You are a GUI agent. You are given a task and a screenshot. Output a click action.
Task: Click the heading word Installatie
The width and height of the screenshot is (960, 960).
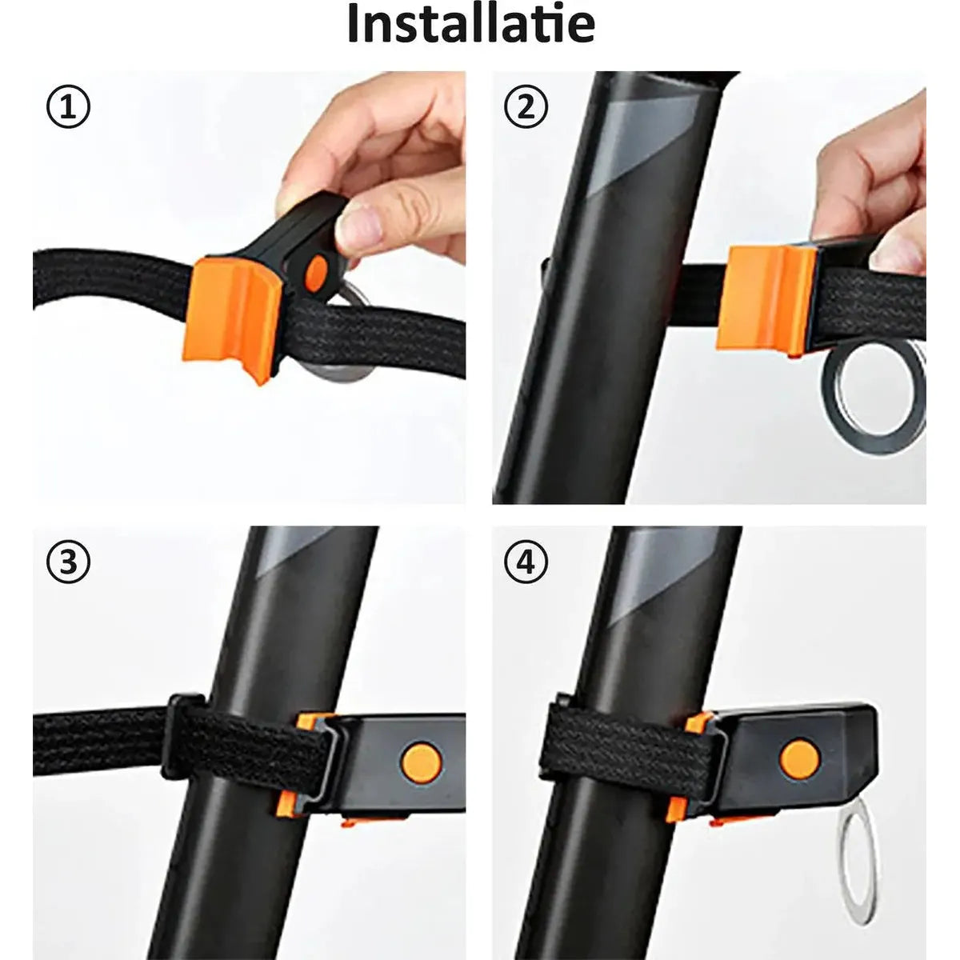pos(471,25)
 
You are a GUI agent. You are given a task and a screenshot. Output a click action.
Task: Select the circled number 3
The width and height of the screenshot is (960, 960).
pos(69,562)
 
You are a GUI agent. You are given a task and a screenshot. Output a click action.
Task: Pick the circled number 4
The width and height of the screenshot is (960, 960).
pos(526,562)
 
